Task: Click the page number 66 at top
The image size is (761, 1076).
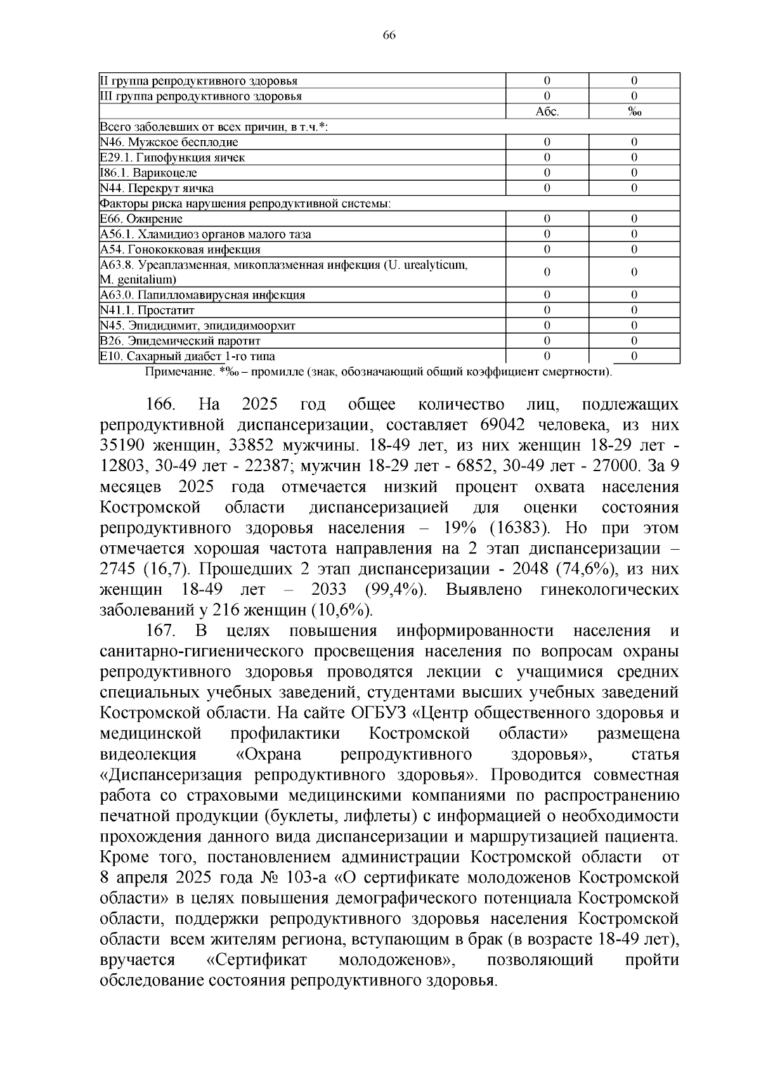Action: click(x=389, y=36)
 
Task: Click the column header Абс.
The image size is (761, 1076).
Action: click(x=547, y=112)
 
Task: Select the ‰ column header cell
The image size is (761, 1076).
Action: click(x=634, y=112)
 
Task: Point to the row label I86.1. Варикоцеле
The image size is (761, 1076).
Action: click(x=148, y=172)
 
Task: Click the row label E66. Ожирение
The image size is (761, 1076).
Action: click(x=141, y=219)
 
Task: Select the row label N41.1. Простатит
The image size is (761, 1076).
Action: click(x=147, y=310)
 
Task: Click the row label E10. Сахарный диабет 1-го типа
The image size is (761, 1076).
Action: click(x=188, y=356)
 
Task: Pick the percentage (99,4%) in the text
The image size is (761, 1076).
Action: click(x=395, y=590)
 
